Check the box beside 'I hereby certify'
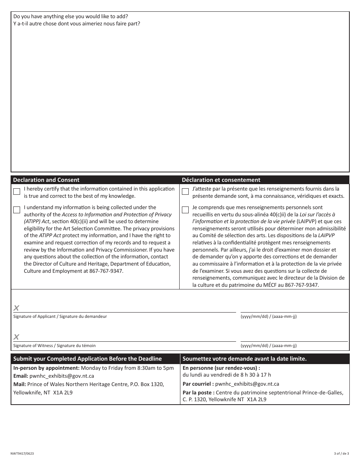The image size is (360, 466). tap(17, 192)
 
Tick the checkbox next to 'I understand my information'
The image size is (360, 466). tap(17, 210)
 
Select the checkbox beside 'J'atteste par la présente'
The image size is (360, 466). tap(185, 192)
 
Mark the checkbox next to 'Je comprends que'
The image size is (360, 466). tap(185, 210)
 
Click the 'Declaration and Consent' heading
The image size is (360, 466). tap(46, 180)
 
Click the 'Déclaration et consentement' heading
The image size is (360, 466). tap(221, 180)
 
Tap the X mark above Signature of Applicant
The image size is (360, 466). tap(16, 308)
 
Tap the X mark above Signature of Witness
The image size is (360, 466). tap(16, 337)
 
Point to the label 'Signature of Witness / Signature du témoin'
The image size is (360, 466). tap(55, 346)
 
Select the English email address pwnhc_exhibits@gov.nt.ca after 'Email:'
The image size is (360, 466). tap(62, 376)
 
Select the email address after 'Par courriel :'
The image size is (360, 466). tap(247, 384)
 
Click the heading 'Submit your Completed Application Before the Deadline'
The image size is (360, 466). tap(88, 359)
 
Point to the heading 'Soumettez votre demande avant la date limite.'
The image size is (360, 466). tap(244, 359)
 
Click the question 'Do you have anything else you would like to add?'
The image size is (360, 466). tap(70, 16)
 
